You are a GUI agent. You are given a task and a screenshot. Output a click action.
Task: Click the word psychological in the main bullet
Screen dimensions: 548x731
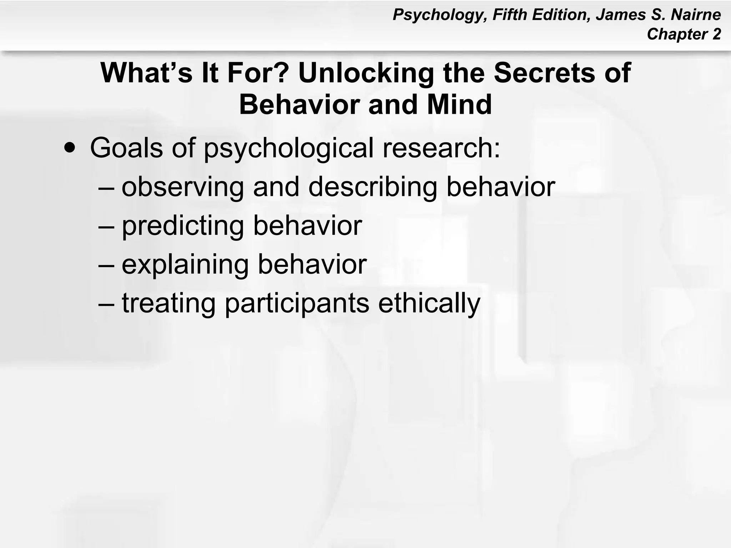point(288,148)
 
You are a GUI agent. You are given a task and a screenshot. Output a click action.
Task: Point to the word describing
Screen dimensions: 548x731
point(373,187)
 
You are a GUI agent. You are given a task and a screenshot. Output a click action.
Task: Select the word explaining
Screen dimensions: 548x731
point(185,265)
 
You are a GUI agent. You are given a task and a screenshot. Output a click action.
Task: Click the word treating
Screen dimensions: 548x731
point(168,304)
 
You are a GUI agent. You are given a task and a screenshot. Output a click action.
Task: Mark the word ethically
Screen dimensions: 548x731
point(429,304)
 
